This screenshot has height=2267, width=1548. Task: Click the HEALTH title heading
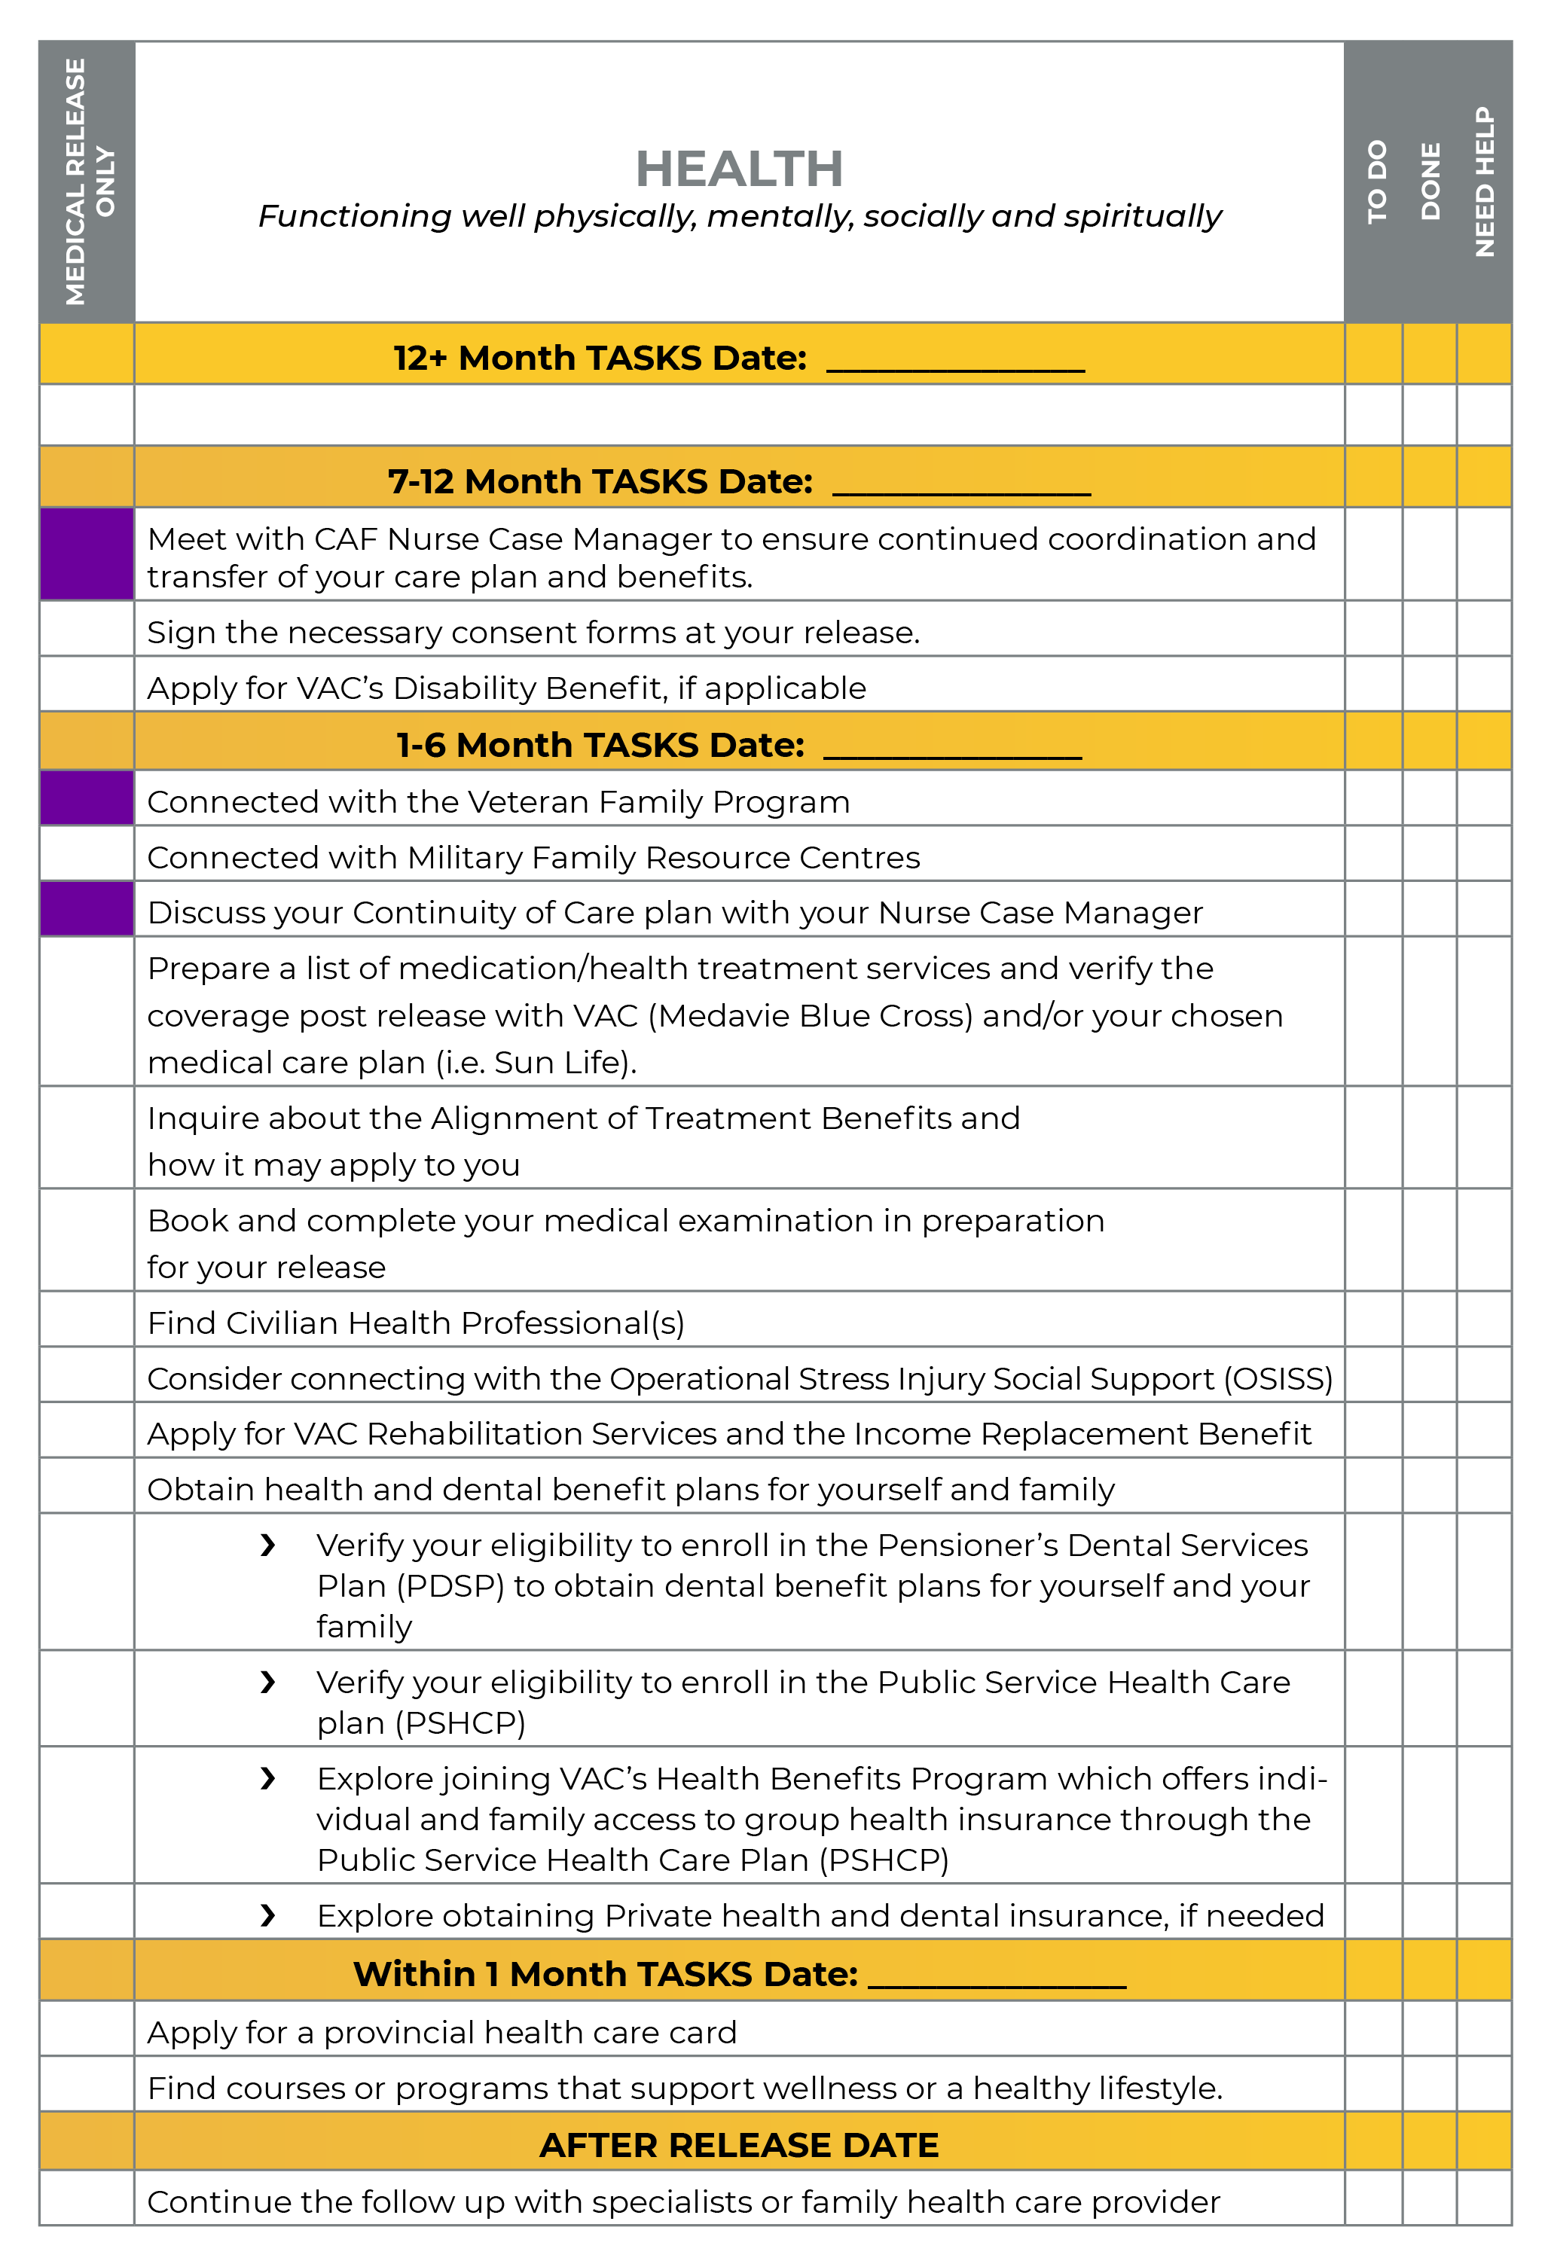738,169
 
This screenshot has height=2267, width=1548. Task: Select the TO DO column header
1375,182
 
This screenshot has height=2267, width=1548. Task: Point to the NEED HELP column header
1484,182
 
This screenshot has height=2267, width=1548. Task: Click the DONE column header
1430,182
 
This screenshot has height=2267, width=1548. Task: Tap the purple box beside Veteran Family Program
87,798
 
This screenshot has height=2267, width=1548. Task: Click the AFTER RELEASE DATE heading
738,2145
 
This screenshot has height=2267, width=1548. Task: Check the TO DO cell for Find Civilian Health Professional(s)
1373,1320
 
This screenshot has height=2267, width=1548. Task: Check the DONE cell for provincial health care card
1430,2029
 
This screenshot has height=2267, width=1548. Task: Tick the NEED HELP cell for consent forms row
1484,629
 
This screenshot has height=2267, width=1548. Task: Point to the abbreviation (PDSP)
450,1586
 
